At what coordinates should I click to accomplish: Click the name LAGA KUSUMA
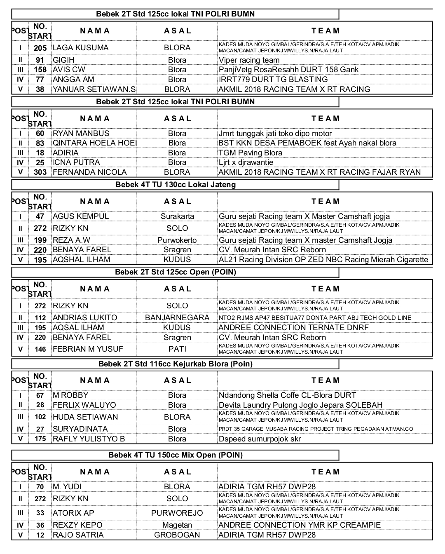click(x=81, y=48)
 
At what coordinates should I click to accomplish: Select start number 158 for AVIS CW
click(x=40, y=70)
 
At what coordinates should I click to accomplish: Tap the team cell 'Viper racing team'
click(x=249, y=60)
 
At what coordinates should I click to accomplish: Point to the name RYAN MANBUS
click(x=81, y=134)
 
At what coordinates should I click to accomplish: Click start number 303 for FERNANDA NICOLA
click(x=40, y=172)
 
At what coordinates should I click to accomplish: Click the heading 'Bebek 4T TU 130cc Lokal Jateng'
click(x=176, y=185)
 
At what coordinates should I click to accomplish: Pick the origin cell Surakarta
click(x=177, y=216)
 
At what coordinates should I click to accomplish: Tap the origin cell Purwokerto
click(x=177, y=240)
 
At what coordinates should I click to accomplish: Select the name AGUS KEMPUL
click(x=81, y=216)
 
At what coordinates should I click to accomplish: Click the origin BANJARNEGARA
click(x=177, y=318)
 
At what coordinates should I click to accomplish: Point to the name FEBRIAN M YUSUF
click(x=88, y=349)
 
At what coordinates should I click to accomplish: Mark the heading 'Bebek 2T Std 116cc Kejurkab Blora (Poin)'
click(x=176, y=364)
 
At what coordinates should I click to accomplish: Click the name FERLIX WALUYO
click(x=84, y=405)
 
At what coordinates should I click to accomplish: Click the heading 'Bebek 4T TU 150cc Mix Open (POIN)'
click(x=176, y=455)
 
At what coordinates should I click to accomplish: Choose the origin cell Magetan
click(x=177, y=525)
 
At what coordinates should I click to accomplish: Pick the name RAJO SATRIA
click(x=78, y=535)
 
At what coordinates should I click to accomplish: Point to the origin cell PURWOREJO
click(x=177, y=513)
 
